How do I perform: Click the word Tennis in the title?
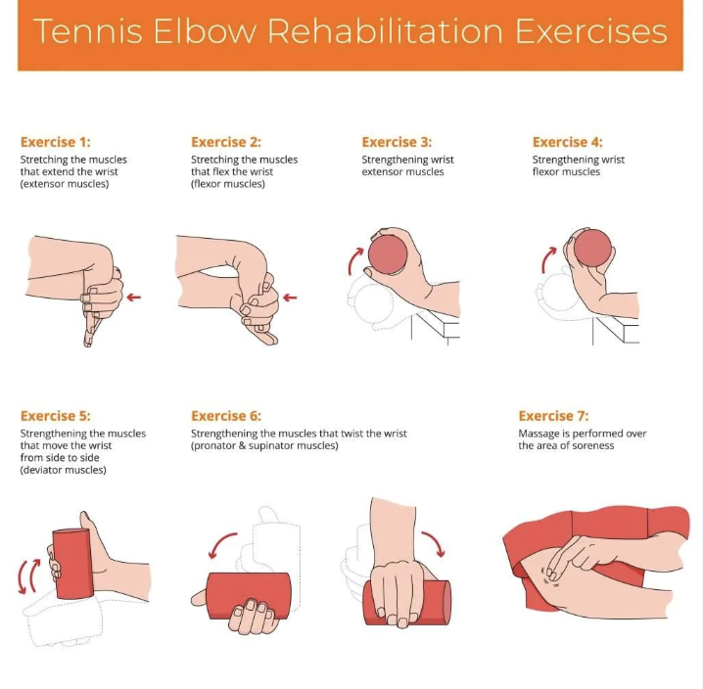tap(88, 31)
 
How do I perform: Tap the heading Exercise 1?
tap(56, 142)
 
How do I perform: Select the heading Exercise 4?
tap(568, 142)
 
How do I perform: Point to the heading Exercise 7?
tap(554, 416)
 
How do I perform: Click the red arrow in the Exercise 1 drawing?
tap(133, 297)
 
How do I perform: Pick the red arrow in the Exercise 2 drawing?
tap(290, 298)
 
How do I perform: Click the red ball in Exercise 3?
tap(388, 254)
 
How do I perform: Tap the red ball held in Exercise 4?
tap(592, 249)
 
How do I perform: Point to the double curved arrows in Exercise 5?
tap(27, 576)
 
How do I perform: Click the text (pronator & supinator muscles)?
tap(264, 446)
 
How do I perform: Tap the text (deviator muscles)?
tap(64, 470)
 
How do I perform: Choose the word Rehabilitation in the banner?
tap(385, 31)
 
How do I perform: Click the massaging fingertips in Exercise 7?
tap(552, 574)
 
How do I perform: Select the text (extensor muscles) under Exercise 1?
tap(65, 184)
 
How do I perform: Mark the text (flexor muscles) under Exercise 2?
tap(228, 184)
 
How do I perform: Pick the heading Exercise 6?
tap(226, 416)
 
